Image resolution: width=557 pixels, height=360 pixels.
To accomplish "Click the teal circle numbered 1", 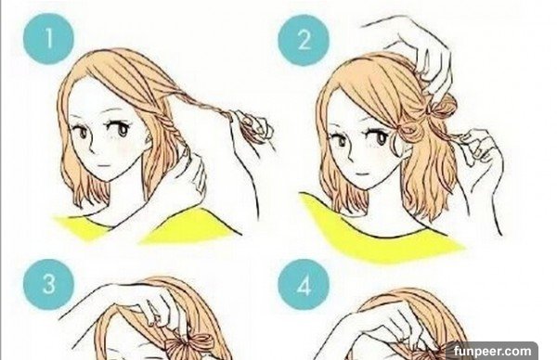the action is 48,38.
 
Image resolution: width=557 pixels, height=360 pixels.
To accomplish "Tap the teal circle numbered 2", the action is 304,40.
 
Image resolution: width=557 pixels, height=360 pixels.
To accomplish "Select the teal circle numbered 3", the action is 48,284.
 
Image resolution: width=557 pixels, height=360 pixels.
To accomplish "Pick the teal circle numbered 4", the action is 304,284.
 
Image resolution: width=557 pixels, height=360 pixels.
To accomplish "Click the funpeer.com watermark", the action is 492,351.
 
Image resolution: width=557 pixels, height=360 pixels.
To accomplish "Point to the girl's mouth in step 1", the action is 104,166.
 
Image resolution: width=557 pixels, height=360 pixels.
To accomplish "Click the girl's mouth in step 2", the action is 363,174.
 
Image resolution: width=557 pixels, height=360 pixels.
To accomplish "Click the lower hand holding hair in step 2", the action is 480,149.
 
